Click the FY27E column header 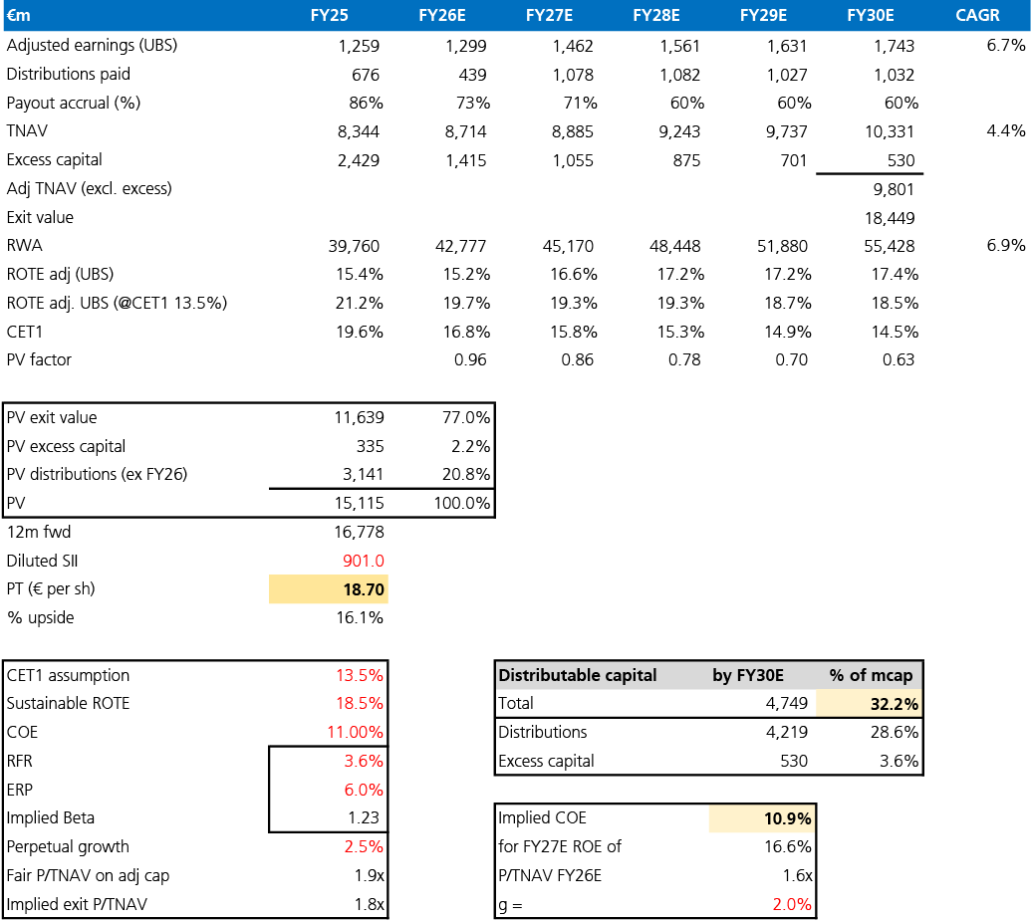coord(549,15)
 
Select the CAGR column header coord(977,15)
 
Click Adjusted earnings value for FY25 coord(359,46)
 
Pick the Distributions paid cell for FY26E coord(473,75)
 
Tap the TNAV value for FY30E coord(889,132)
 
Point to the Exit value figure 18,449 coord(889,218)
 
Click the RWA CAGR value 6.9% coord(1005,246)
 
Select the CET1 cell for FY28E coord(680,332)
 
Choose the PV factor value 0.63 coord(899,360)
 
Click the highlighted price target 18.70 coord(364,589)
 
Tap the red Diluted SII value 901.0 coord(363,561)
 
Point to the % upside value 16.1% coord(360,618)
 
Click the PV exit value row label coord(51,417)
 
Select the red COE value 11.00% coord(355,733)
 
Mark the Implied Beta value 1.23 coord(364,817)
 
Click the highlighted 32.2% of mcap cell coord(895,704)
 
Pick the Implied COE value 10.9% coord(787,819)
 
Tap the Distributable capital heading coord(578,676)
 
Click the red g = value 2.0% coord(792,904)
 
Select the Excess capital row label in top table coord(54,159)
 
